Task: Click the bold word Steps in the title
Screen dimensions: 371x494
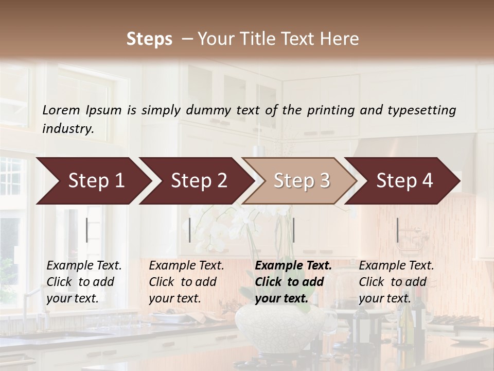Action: (149, 39)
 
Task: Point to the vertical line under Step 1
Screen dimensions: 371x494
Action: (87, 230)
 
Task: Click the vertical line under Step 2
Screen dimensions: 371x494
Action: (190, 230)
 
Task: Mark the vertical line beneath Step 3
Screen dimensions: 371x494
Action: (293, 230)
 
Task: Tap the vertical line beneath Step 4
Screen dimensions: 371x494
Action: (397, 230)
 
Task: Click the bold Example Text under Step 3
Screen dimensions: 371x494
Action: (293, 266)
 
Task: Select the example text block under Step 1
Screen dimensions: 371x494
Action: (84, 282)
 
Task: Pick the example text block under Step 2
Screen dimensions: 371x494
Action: (187, 282)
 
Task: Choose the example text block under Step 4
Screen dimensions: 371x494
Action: (396, 282)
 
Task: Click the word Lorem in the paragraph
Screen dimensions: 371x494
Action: (61, 110)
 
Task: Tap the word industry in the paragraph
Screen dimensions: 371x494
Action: (68, 129)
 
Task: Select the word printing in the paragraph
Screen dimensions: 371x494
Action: (330, 110)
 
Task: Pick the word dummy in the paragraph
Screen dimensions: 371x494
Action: (208, 110)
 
